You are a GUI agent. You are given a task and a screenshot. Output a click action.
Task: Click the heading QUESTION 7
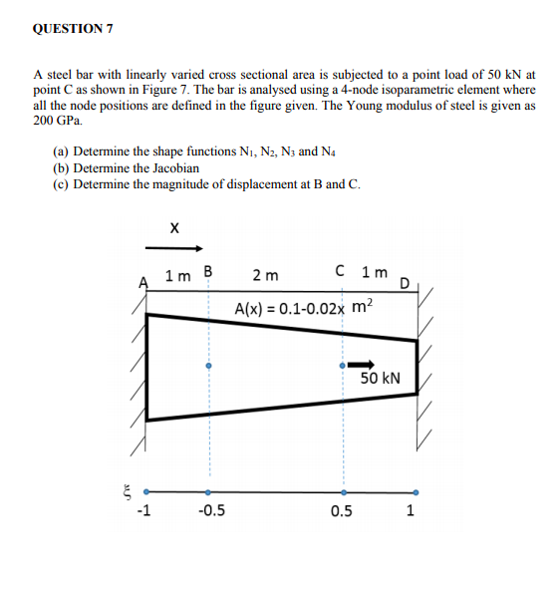[73, 28]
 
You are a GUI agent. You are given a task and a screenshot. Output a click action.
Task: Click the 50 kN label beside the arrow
[380, 379]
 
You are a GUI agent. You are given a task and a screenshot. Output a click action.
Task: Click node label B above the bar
[207, 271]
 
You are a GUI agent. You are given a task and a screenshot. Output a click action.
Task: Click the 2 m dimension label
[265, 274]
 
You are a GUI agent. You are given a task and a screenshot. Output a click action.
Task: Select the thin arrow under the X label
[174, 247]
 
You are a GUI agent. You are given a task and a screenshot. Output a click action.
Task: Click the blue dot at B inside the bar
[208, 366]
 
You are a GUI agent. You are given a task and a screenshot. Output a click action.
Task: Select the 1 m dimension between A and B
[179, 274]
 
